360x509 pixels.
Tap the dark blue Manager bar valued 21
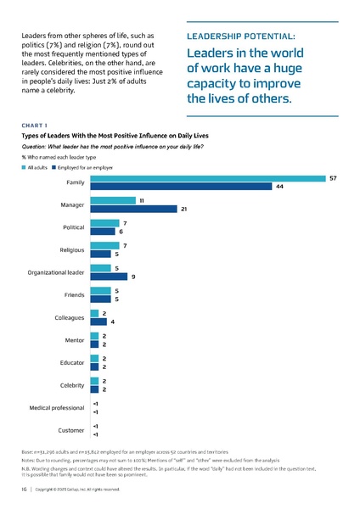click(133, 209)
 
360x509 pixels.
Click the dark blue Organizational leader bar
click(109, 277)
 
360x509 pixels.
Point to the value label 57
click(334, 178)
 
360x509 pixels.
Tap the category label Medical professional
click(58, 408)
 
